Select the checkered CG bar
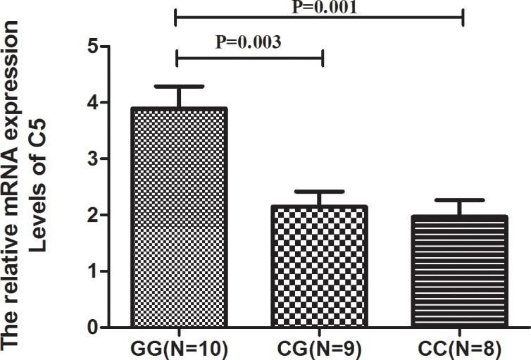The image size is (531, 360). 322,267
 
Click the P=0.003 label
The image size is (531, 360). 249,41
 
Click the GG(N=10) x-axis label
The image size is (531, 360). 177,349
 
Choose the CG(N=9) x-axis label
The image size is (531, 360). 322,349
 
